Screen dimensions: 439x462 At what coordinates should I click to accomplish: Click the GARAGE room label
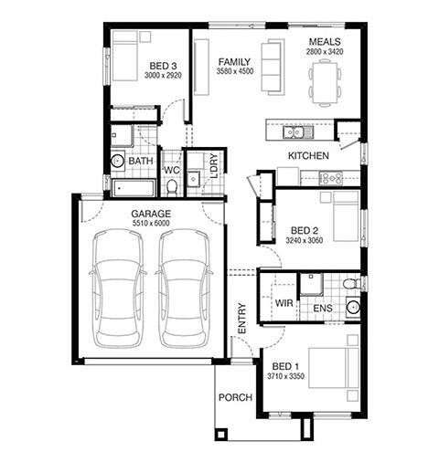point(151,214)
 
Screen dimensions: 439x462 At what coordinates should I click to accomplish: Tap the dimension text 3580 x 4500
point(235,71)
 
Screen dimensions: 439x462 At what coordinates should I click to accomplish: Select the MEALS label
point(325,42)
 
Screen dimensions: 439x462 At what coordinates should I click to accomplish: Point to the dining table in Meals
point(325,82)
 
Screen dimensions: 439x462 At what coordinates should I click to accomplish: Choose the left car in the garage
point(118,289)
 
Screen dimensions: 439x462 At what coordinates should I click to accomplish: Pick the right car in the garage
point(184,289)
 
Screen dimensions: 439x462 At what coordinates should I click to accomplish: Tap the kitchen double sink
point(293,132)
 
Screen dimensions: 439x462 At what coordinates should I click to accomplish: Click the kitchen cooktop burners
point(330,178)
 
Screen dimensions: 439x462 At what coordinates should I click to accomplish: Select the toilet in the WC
point(172,187)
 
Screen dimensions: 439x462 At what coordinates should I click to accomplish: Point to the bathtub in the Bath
point(134,188)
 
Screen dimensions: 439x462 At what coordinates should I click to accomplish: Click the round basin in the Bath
point(117,161)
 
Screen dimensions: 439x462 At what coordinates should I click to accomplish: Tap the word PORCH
point(235,397)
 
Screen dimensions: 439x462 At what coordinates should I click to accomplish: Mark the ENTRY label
point(241,319)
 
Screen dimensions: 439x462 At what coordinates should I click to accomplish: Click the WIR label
point(284,303)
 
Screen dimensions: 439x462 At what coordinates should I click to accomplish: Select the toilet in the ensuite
point(350,284)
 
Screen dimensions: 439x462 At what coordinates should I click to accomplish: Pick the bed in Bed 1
point(334,368)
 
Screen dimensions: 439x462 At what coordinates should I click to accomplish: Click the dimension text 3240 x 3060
point(305,240)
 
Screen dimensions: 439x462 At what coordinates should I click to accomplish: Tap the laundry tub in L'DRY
point(193,178)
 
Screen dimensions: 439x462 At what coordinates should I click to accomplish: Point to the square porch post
point(220,435)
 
